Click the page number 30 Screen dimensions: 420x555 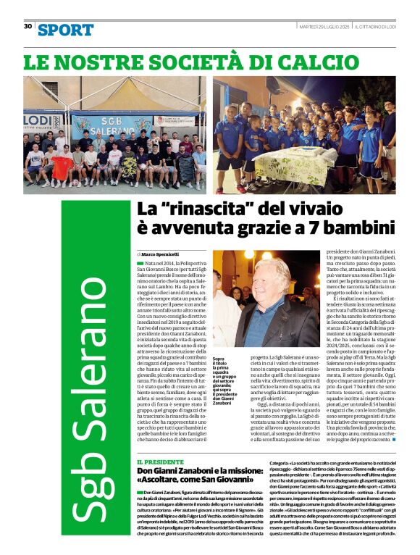coord(28,26)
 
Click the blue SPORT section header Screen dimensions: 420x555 coord(65,30)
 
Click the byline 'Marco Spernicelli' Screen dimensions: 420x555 coord(161,254)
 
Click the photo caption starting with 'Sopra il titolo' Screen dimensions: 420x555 coord(224,377)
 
